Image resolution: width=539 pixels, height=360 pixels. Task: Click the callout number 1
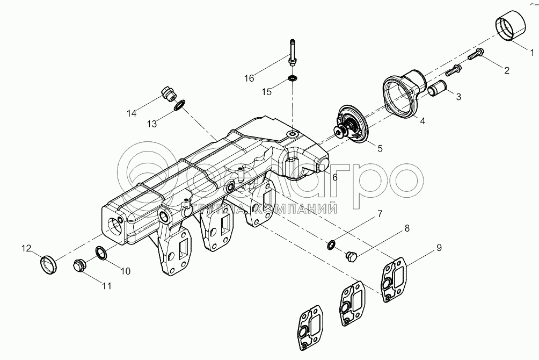click(x=532, y=53)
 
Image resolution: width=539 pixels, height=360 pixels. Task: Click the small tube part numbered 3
click(x=436, y=87)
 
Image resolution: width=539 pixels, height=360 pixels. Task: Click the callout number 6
click(x=335, y=177)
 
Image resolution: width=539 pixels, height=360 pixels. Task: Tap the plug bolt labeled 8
click(x=351, y=255)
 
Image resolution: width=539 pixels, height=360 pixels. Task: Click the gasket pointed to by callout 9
click(x=395, y=282)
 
